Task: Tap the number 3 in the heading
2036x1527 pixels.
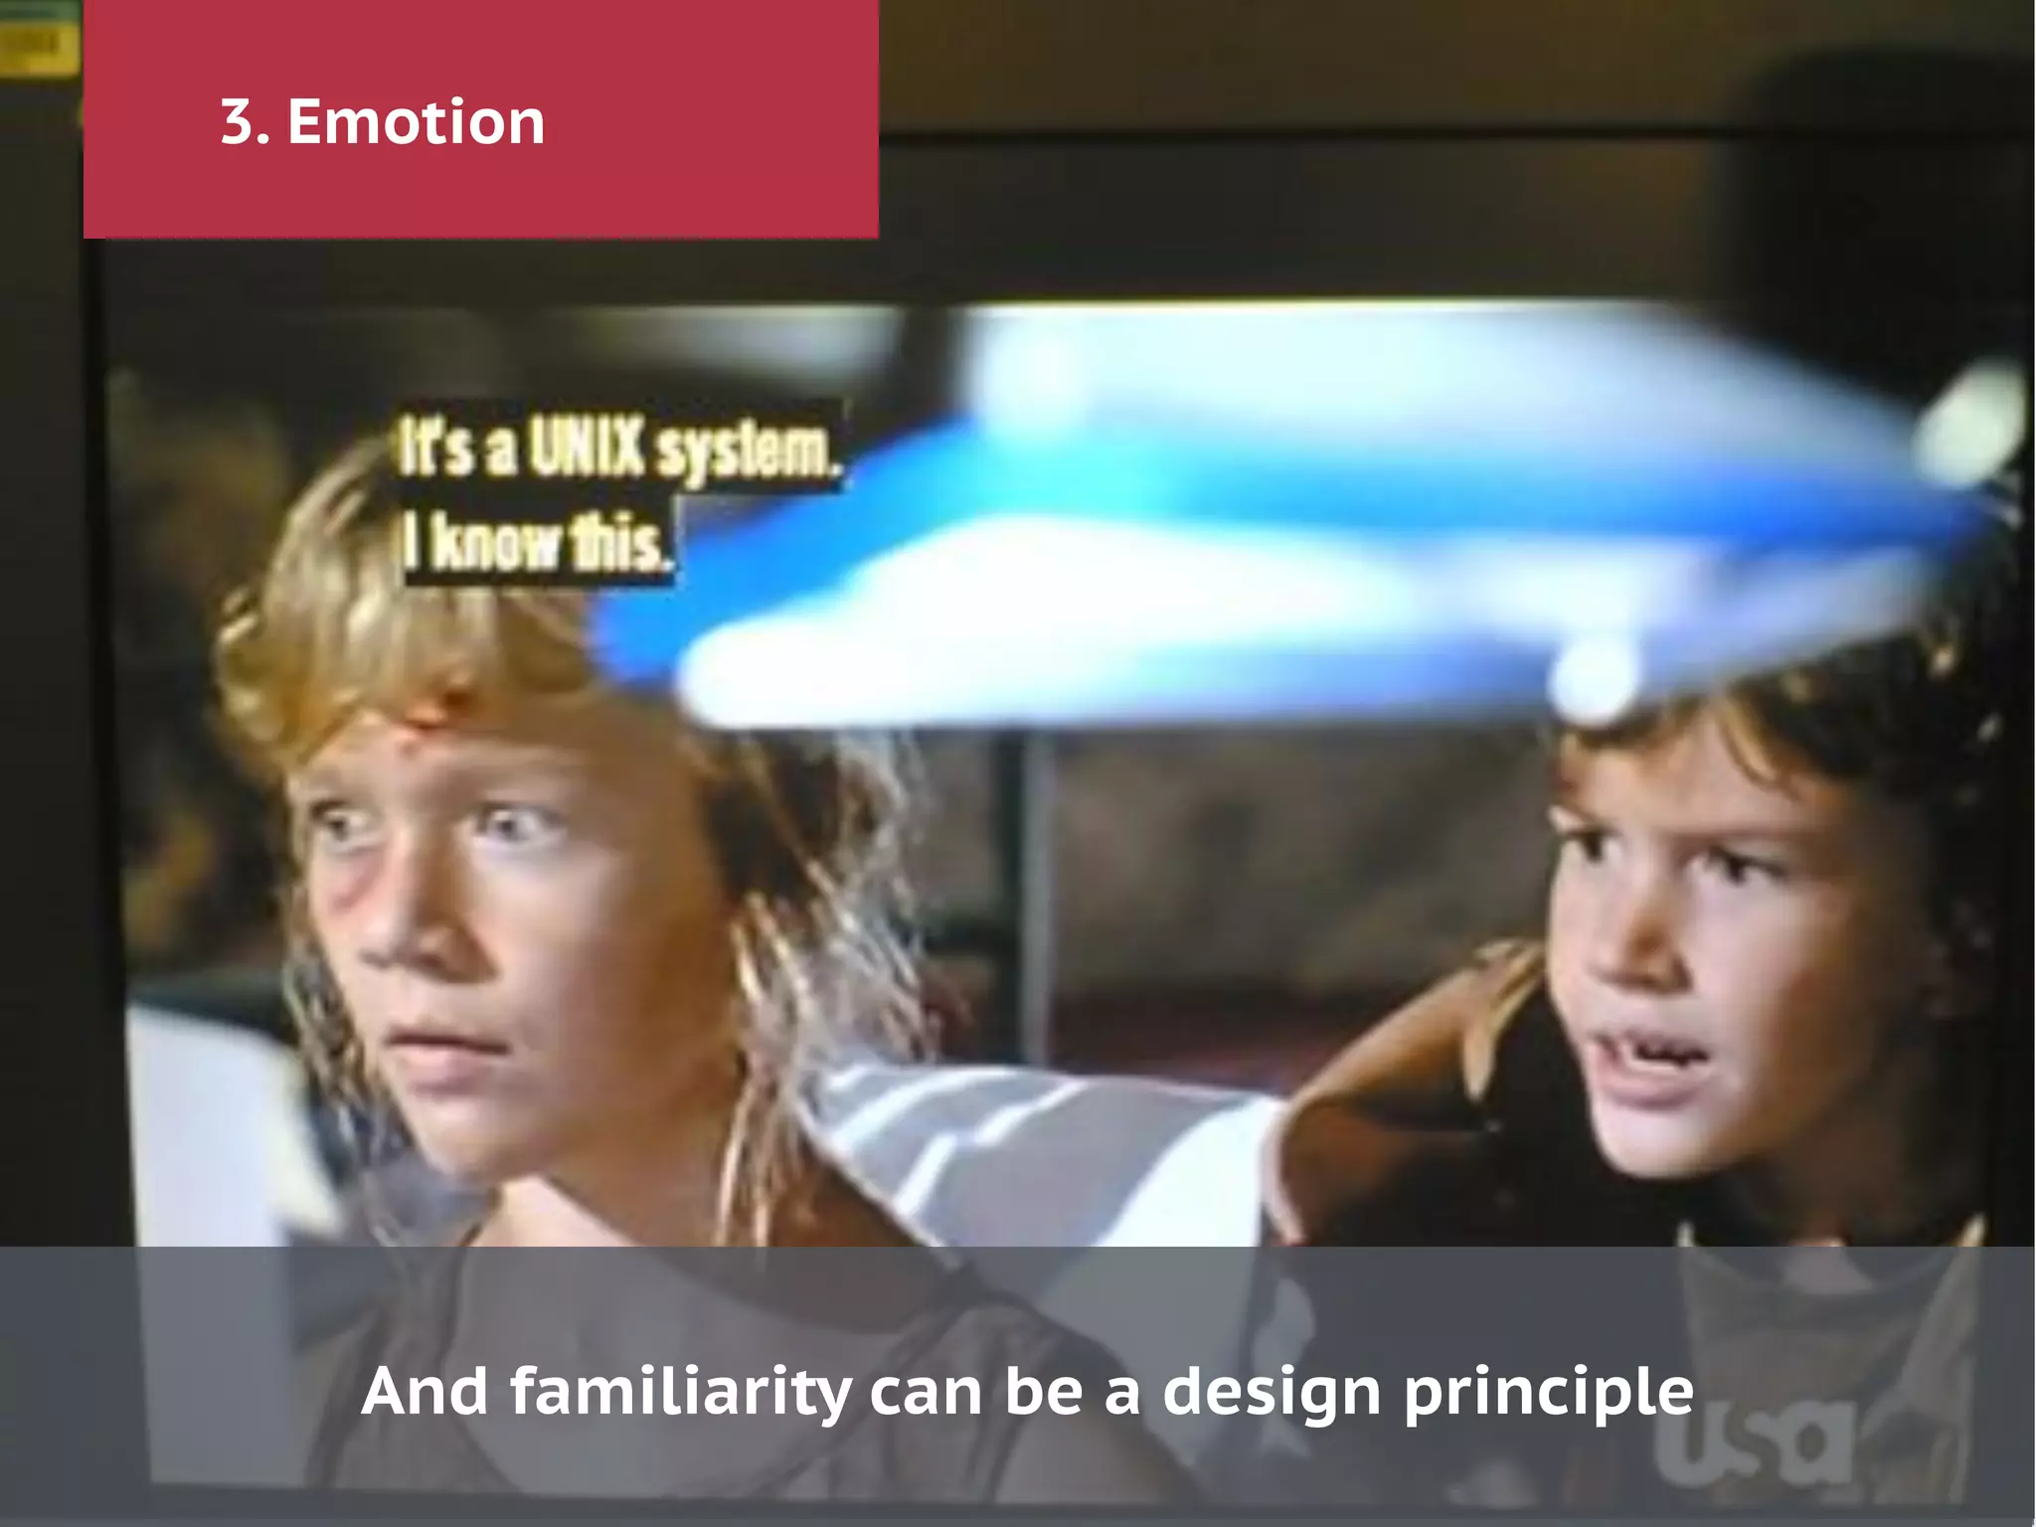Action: pos(239,122)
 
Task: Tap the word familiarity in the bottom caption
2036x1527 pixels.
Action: pos(681,1391)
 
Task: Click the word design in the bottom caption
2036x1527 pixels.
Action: pos(1272,1393)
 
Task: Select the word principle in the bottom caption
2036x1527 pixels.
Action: pos(1548,1393)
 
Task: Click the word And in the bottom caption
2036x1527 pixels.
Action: pos(424,1391)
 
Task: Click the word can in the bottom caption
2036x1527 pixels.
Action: pos(926,1391)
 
